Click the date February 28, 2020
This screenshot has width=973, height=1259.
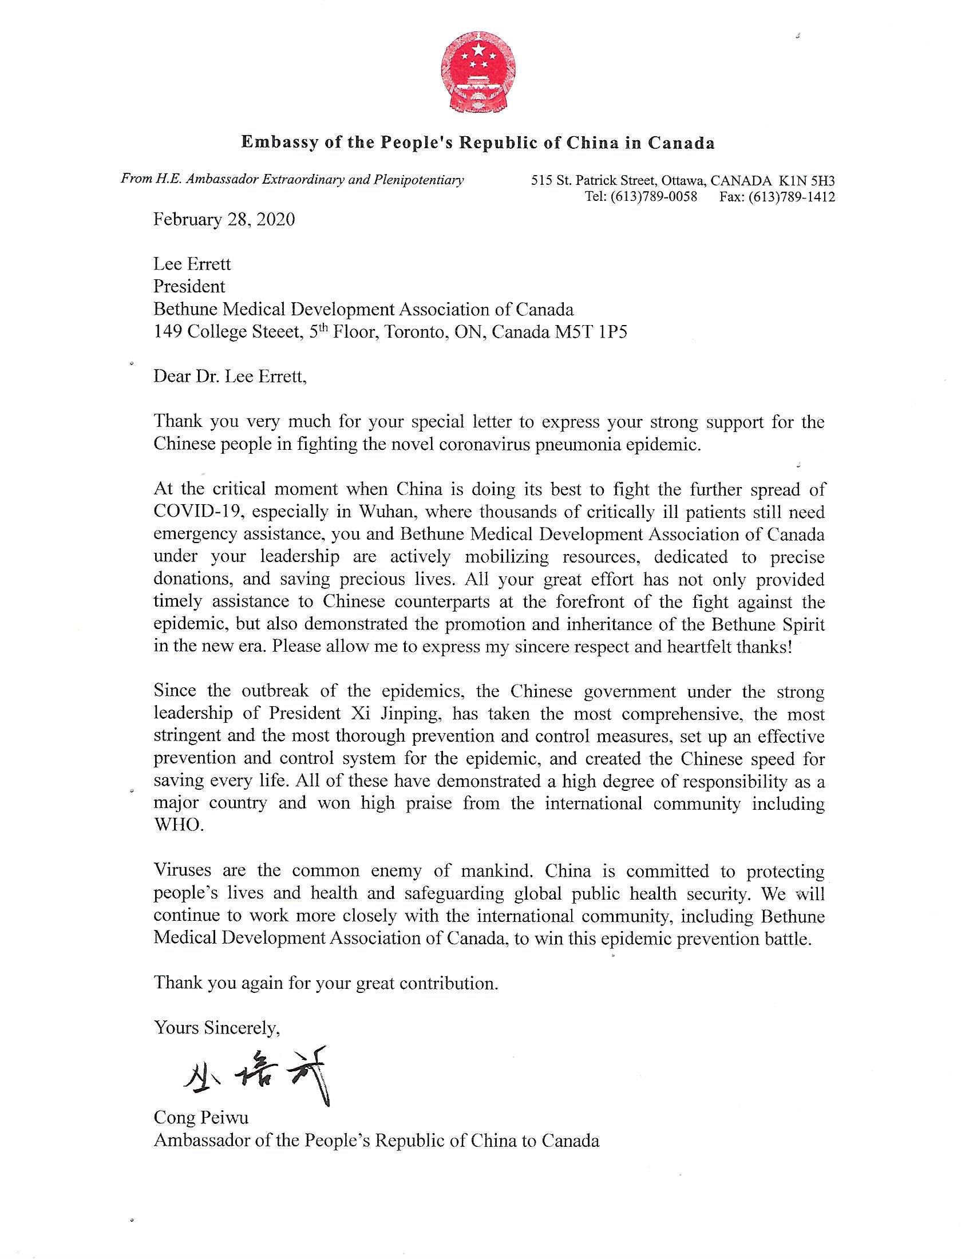(224, 220)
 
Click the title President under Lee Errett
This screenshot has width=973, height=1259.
(189, 287)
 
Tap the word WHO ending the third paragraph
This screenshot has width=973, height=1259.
(178, 825)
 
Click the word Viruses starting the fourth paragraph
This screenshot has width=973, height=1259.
(183, 870)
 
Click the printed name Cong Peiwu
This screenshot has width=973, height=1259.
(200, 1117)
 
